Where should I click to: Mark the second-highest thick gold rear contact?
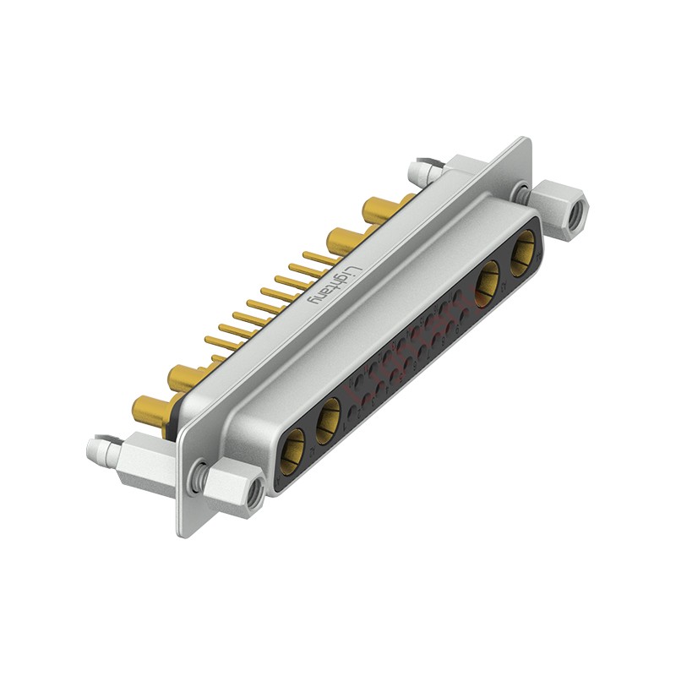[343, 237]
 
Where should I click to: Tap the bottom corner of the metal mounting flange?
[180, 533]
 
